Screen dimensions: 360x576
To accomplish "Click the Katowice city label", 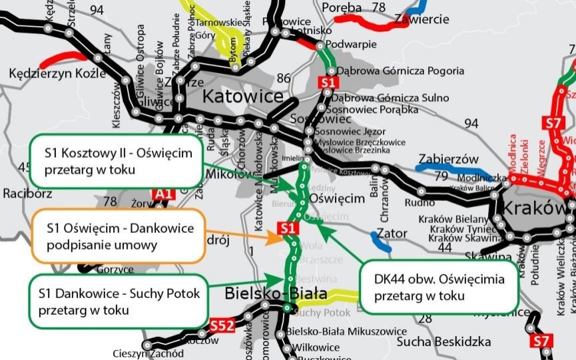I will pos(242,96).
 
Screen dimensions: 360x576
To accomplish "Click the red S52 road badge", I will pos(222,325).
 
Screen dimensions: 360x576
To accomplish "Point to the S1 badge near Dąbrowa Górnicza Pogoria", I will pos(326,82).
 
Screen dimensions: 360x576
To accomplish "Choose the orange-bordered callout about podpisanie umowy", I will pos(111,236).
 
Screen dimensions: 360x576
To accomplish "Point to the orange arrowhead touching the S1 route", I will pos(275,238).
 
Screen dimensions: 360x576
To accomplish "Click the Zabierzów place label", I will pos(448,159).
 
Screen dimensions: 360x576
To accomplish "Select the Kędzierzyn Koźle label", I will pos(57,72).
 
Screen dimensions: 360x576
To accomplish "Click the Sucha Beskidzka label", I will pos(443,341).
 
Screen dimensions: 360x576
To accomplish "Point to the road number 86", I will pos(284,79).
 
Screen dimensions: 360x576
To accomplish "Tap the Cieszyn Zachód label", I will pos(148,354).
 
